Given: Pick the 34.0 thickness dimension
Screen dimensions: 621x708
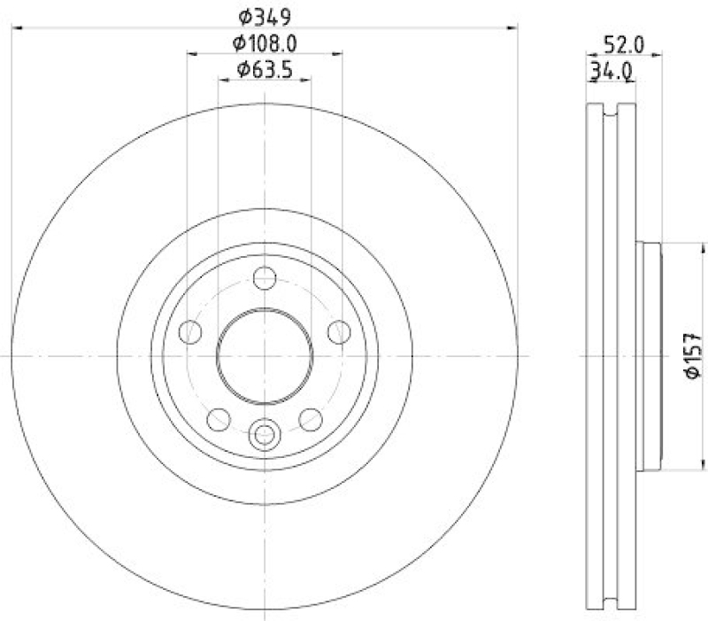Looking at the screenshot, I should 610,73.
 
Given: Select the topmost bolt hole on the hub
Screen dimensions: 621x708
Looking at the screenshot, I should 264,278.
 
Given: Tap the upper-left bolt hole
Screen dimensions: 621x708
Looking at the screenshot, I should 190,332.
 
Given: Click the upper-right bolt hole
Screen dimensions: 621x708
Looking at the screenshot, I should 338,332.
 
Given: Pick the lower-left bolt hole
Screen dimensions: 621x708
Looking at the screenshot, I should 218,418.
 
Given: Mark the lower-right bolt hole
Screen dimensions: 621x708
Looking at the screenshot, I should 310,418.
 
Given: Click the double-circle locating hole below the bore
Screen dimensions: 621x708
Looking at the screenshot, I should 264,434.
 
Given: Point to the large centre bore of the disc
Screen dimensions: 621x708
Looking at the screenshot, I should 264,355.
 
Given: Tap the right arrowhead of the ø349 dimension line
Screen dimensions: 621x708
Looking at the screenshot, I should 512,29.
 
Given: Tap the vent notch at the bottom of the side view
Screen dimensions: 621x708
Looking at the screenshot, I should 612,597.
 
